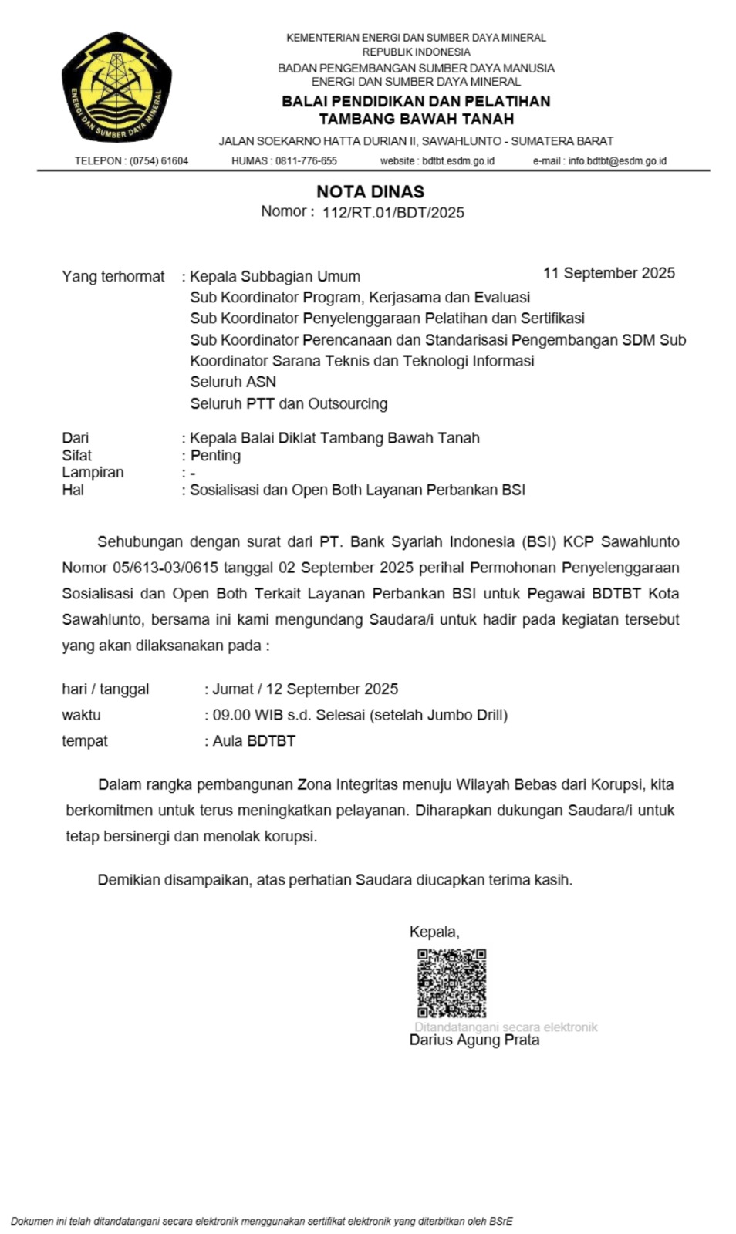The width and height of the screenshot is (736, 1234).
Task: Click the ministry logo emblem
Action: [x=116, y=86]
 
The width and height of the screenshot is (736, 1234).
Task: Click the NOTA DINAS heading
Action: [x=370, y=191]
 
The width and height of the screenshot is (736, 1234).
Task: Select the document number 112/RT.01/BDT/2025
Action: [x=393, y=213]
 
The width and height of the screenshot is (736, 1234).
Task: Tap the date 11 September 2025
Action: [x=609, y=273]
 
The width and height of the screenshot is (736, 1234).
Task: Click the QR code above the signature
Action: [x=451, y=983]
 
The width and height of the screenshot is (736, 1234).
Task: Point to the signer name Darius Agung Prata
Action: [x=474, y=1040]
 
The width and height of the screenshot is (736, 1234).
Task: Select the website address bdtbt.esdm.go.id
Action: [x=458, y=161]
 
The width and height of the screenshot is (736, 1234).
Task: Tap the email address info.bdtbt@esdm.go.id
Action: [x=617, y=161]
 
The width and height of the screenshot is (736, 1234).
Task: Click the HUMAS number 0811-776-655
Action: [x=306, y=161]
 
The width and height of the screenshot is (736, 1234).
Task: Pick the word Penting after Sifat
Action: [x=215, y=456]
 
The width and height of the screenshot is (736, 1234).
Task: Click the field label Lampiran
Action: [x=93, y=472]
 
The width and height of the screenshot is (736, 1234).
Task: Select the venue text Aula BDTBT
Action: [x=254, y=741]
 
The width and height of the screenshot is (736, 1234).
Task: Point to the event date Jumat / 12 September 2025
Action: [x=306, y=689]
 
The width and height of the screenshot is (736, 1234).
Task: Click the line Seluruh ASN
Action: [x=233, y=382]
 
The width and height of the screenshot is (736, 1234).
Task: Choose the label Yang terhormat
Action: [x=113, y=277]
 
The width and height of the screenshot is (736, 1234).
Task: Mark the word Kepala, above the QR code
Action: [x=434, y=932]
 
